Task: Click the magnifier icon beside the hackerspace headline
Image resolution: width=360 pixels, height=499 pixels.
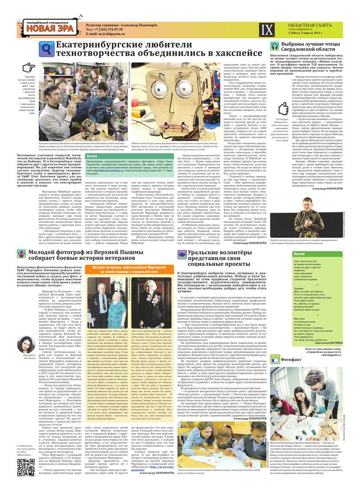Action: pos(46,48)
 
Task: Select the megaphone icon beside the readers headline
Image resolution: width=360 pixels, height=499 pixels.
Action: pos(274,46)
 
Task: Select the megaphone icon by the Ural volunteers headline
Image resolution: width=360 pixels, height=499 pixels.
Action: pos(181,254)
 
